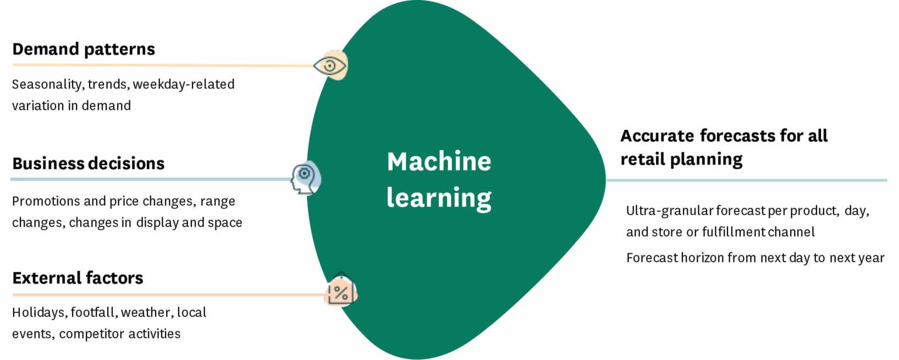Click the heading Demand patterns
point(84,49)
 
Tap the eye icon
point(330,66)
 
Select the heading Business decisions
point(88,163)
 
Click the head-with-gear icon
point(306,178)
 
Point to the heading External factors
point(78,277)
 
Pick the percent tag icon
point(341,290)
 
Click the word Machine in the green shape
point(439,162)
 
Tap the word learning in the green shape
point(439,198)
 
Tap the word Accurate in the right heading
point(657,136)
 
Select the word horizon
point(702,258)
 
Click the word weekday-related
point(184,84)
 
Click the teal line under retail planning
point(746,180)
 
